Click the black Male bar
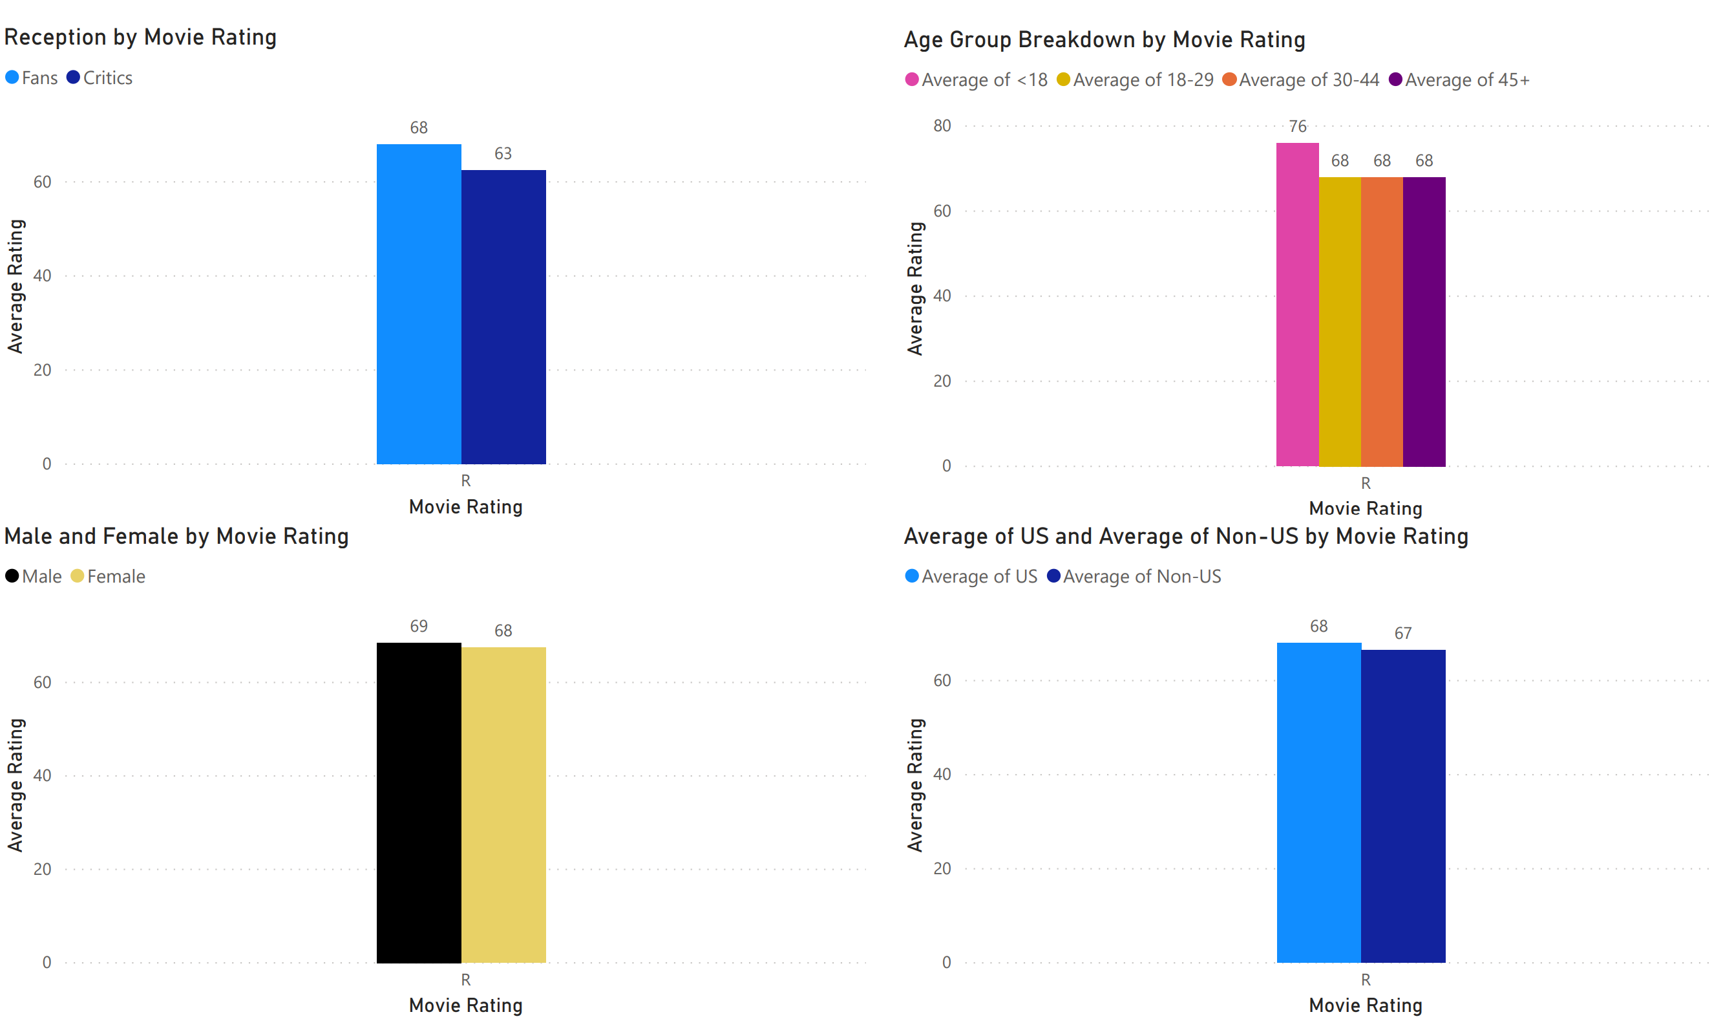click(418, 802)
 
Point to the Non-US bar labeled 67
click(1403, 806)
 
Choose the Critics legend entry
click(100, 78)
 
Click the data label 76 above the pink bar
click(1297, 127)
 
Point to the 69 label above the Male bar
click(418, 626)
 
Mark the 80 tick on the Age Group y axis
click(942, 126)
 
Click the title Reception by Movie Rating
click(140, 37)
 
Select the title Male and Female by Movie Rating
click(176, 536)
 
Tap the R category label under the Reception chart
click(465, 480)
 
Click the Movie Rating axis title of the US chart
click(1366, 1005)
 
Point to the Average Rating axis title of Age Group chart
click(915, 288)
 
